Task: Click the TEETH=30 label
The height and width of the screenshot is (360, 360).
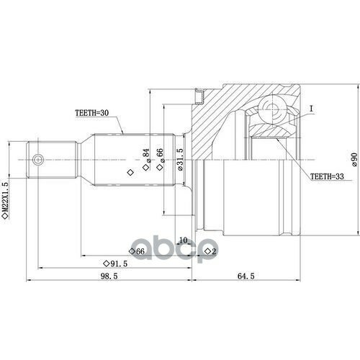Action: (x=92, y=113)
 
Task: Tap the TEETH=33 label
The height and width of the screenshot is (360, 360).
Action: (x=327, y=176)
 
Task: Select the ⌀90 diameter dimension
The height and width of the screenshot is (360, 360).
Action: (x=354, y=160)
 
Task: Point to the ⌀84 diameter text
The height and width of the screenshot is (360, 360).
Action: (x=146, y=156)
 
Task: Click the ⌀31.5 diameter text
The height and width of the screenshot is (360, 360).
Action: (x=180, y=159)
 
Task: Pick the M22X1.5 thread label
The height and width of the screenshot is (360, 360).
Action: (x=5, y=197)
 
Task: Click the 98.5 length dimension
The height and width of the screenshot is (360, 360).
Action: (x=109, y=276)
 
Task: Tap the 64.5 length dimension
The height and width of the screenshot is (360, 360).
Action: (x=246, y=276)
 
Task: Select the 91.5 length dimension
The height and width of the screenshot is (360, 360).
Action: (x=119, y=264)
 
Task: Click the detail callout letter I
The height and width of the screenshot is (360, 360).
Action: (x=311, y=109)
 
